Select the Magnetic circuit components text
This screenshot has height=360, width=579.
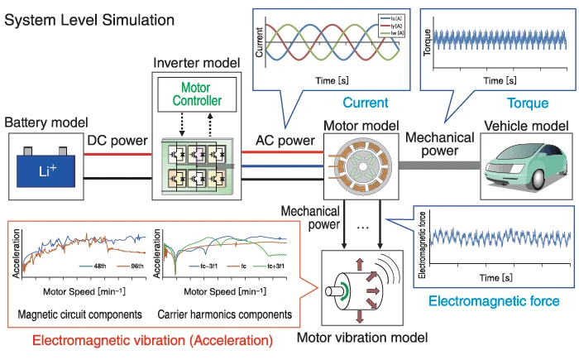tap(85, 314)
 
